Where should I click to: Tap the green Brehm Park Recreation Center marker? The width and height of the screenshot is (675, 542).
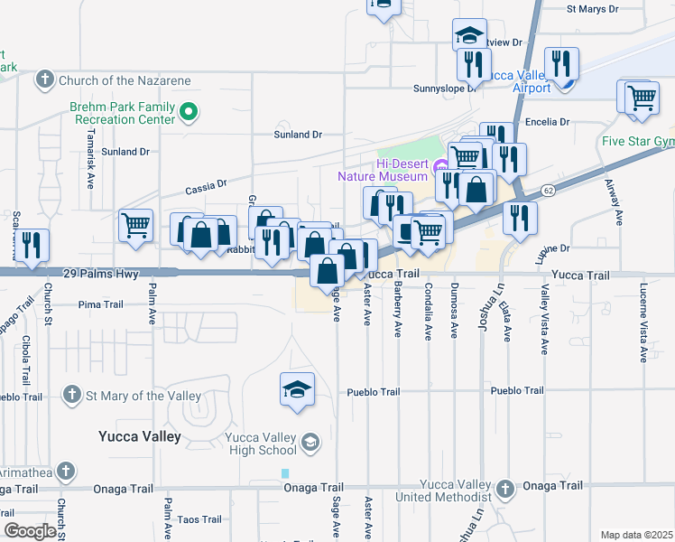pyautogui.click(x=189, y=113)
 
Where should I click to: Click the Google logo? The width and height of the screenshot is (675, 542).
pyautogui.click(x=30, y=531)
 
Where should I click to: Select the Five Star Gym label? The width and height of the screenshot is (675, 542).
pyautogui.click(x=638, y=142)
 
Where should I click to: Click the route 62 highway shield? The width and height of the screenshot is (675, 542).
pyautogui.click(x=548, y=191)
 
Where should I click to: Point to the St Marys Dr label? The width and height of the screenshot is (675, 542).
pyautogui.click(x=592, y=10)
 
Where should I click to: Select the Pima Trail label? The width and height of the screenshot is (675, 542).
pyautogui.click(x=100, y=304)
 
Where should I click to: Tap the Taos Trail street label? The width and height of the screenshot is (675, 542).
pyautogui.click(x=199, y=519)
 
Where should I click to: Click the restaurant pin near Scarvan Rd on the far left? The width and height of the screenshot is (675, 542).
pyautogui.click(x=32, y=246)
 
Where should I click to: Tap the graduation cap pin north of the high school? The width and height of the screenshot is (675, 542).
pyautogui.click(x=297, y=389)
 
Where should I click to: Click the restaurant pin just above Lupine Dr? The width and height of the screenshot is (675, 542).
pyautogui.click(x=520, y=217)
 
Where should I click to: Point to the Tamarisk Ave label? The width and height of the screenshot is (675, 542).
pyautogui.click(x=90, y=167)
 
